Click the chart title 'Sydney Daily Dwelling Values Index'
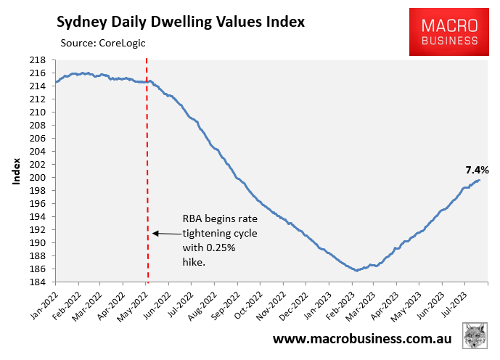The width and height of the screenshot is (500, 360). tap(181, 21)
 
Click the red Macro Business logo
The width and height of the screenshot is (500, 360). tap(443, 32)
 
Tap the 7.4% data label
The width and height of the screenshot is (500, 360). tap(477, 171)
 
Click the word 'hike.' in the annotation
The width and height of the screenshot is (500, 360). tap(194, 263)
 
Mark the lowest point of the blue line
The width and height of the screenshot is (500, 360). tap(356, 271)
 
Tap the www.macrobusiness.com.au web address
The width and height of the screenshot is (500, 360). tap(363, 339)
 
